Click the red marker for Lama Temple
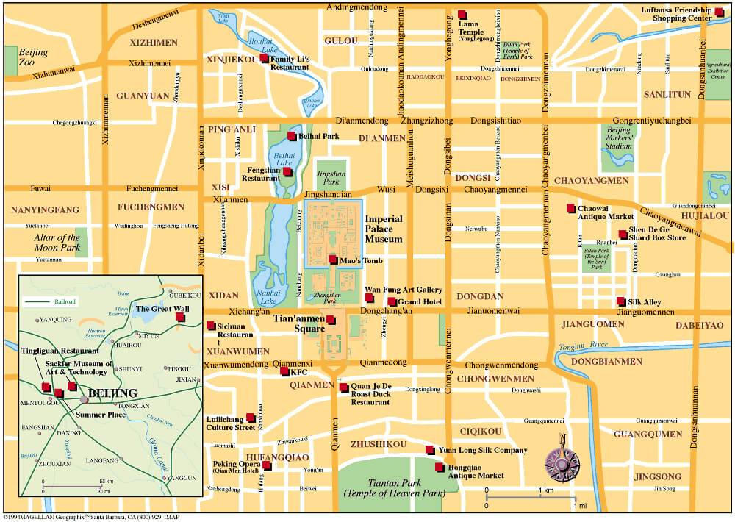coord(462,15)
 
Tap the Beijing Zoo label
coord(33,58)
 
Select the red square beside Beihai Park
coord(292,136)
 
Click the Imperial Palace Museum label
coord(384,229)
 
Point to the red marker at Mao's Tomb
coord(333,260)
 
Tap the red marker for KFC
coord(284,372)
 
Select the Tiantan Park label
coord(393,487)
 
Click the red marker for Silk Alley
coord(621,301)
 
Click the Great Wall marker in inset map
coord(180,318)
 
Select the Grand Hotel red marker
coord(392,302)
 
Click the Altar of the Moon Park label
coord(57,243)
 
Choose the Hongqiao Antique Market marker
coord(440,467)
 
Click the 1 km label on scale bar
coord(545,490)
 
